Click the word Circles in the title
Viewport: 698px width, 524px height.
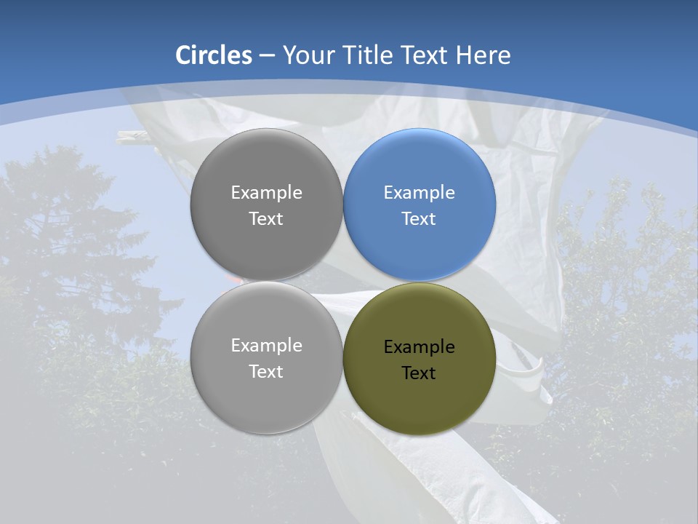click(214, 55)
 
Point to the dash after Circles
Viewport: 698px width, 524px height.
click(267, 56)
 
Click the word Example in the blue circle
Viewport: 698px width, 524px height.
click(420, 193)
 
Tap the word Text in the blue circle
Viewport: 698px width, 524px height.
click(420, 218)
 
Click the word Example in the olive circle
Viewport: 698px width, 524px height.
click(420, 347)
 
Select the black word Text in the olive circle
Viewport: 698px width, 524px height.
click(420, 373)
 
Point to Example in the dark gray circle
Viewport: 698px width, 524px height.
click(266, 193)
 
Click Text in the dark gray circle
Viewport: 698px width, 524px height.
click(266, 218)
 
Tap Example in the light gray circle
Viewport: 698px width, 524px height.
click(266, 346)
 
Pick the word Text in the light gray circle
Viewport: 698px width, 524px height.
click(266, 371)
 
